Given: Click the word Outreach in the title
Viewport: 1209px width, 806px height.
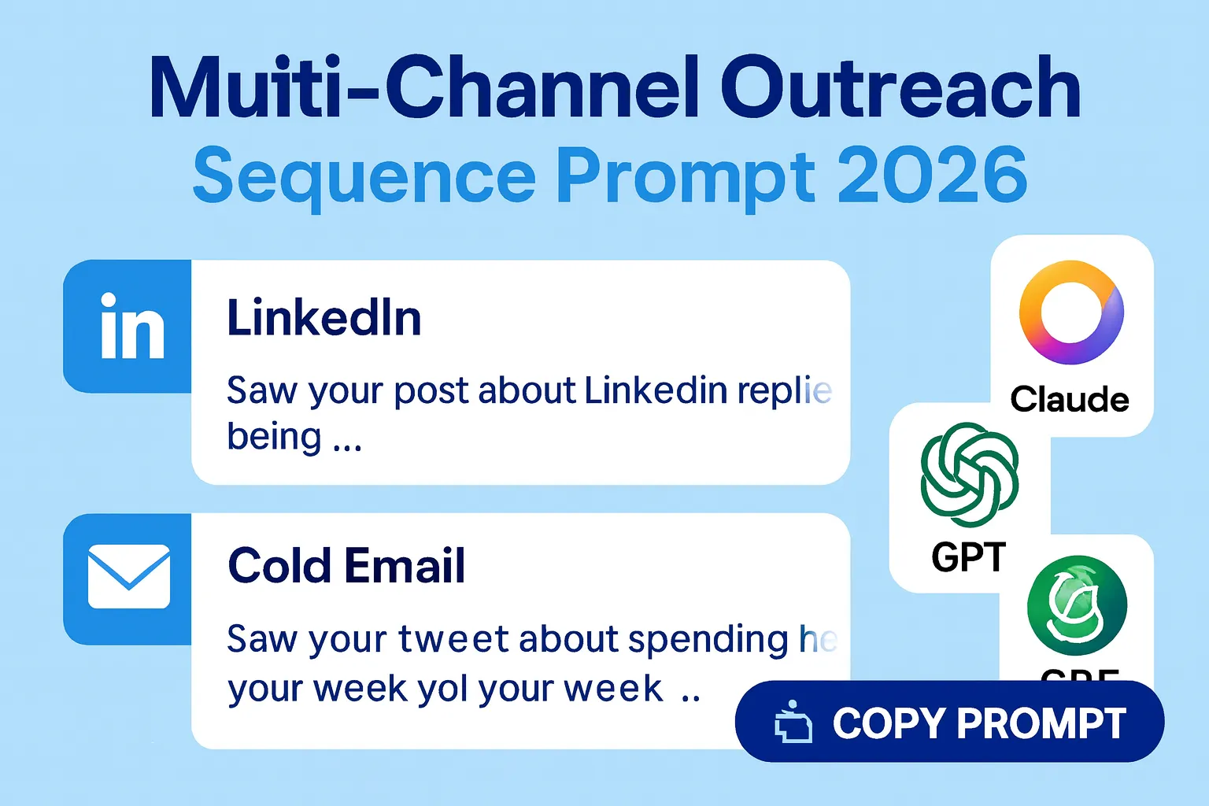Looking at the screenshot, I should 900,89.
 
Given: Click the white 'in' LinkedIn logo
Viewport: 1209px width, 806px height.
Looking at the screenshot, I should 132,326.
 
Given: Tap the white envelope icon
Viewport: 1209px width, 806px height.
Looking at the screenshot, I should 129,576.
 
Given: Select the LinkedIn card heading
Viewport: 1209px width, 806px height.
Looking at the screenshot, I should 324,318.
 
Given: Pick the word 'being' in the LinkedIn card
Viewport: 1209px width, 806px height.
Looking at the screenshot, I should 274,437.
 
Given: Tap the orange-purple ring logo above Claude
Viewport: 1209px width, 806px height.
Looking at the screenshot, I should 1070,312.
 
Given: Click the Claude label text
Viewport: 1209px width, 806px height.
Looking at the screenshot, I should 1070,399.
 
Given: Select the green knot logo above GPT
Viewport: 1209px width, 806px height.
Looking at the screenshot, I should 970,474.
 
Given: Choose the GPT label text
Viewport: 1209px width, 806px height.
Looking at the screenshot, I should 969,557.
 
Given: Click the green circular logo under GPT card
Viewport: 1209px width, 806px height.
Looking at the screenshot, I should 1077,606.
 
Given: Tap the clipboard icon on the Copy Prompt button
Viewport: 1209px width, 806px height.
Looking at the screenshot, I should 793,721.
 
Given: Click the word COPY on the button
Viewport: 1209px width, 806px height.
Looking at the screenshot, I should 888,723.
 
